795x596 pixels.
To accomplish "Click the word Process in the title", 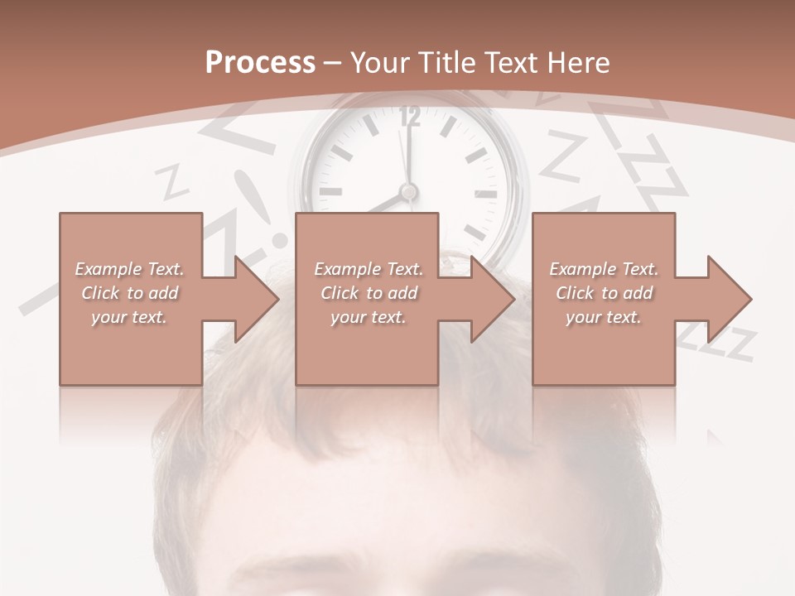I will pyautogui.click(x=260, y=62).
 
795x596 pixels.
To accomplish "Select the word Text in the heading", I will pyautogui.click(x=509, y=62).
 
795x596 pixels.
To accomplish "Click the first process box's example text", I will pyautogui.click(x=129, y=293).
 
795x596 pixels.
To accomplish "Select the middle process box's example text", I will pyautogui.click(x=369, y=293).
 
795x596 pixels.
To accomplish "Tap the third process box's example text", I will pyautogui.click(x=604, y=293).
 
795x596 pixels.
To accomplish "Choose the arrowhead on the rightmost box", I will pyautogui.click(x=728, y=299).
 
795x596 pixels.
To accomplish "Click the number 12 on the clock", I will pyautogui.click(x=409, y=118).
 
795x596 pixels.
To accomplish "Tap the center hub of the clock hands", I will pyautogui.click(x=407, y=192).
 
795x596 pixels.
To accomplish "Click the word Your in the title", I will pyautogui.click(x=386, y=62).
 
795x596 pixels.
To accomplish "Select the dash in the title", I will pyautogui.click(x=333, y=62).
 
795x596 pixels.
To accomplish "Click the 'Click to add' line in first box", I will pyautogui.click(x=129, y=293).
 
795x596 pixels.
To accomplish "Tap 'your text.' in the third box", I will pyautogui.click(x=604, y=317).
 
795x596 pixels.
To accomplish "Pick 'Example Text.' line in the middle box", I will pyautogui.click(x=369, y=269).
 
